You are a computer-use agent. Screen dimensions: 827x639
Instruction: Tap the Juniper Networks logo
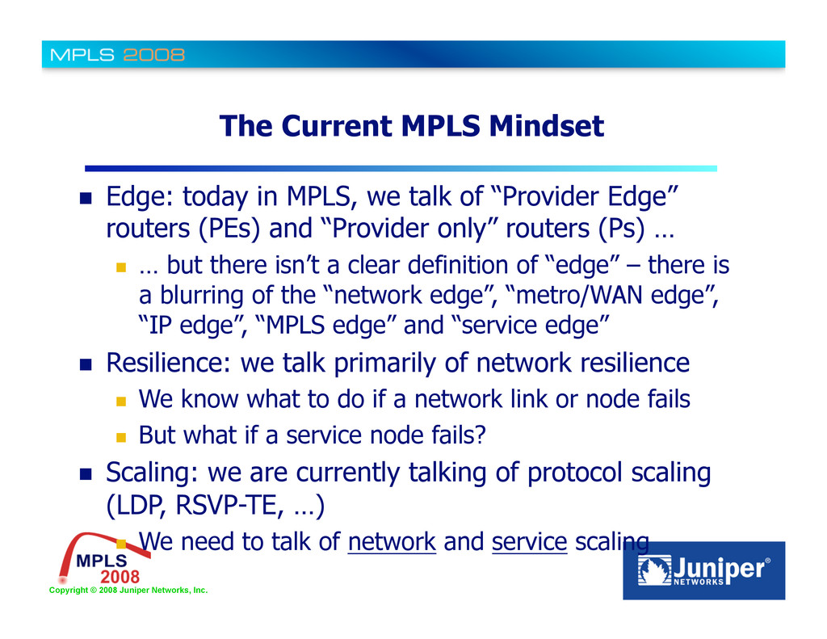point(703,570)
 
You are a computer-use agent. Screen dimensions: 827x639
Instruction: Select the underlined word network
point(392,543)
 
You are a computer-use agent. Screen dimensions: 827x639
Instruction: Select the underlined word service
point(529,543)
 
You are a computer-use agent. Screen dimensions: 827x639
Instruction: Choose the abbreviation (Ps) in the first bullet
point(622,230)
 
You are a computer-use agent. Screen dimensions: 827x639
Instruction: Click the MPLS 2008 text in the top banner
point(118,55)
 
